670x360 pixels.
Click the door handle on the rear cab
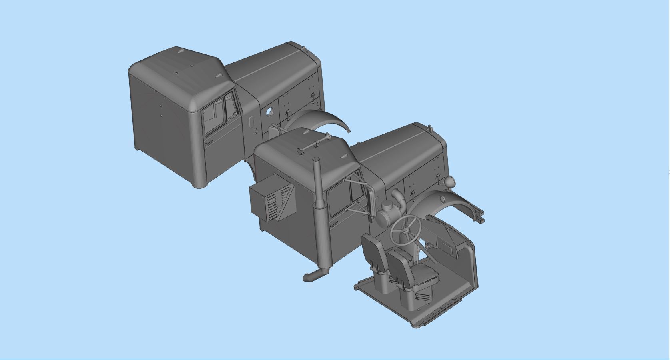click(x=209, y=143)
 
